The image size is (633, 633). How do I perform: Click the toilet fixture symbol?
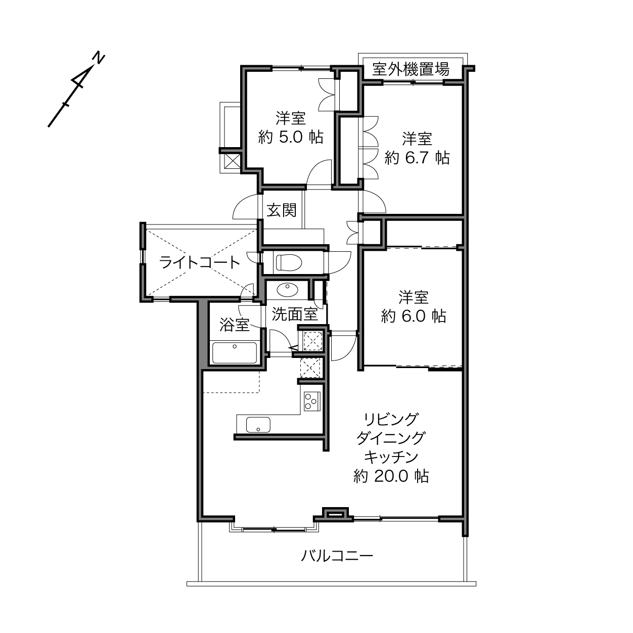(289, 262)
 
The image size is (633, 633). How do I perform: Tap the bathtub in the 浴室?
(234, 353)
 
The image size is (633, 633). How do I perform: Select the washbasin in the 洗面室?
(288, 289)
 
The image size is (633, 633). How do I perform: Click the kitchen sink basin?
(258, 425)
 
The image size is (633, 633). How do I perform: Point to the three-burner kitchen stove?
(312, 401)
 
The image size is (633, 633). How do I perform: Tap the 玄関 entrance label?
(282, 210)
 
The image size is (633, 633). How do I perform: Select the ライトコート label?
(200, 262)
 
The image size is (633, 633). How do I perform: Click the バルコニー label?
(337, 556)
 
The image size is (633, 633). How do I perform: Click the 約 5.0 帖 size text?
(291, 137)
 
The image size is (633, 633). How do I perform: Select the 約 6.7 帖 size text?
(417, 158)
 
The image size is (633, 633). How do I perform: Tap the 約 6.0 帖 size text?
(413, 316)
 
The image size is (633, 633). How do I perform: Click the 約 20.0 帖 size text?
(391, 476)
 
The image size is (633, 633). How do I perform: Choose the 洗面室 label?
(295, 314)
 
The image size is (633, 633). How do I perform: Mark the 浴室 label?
(234, 325)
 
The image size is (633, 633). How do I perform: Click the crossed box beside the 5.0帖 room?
(233, 161)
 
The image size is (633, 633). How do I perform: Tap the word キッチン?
(391, 457)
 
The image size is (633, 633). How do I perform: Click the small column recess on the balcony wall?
(335, 514)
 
